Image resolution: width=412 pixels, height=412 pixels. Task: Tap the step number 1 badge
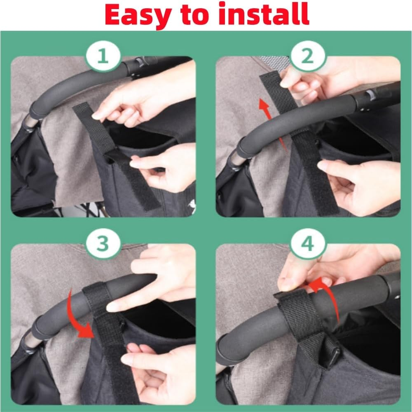click(x=103, y=57)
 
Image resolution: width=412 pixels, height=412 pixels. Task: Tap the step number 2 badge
click(x=308, y=57)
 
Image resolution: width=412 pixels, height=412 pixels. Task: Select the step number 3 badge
click(x=103, y=244)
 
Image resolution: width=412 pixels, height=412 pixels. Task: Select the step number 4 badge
click(x=308, y=244)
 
